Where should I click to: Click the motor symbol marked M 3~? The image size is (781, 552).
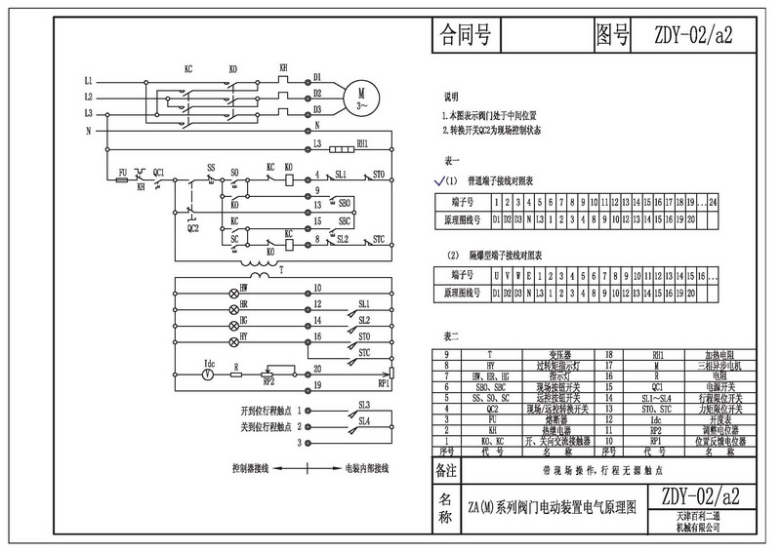pyautogui.click(x=362, y=96)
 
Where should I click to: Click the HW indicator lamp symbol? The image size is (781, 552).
pyautogui.click(x=233, y=291)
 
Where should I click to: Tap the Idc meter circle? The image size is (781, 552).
pyautogui.click(x=207, y=372)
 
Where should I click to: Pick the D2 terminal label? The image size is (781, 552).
pyautogui.click(x=317, y=95)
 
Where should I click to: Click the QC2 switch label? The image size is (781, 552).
pyautogui.click(x=192, y=228)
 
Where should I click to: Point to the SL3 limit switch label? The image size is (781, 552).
pyautogui.click(x=364, y=403)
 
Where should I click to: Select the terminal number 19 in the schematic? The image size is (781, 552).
pyautogui.click(x=317, y=386)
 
